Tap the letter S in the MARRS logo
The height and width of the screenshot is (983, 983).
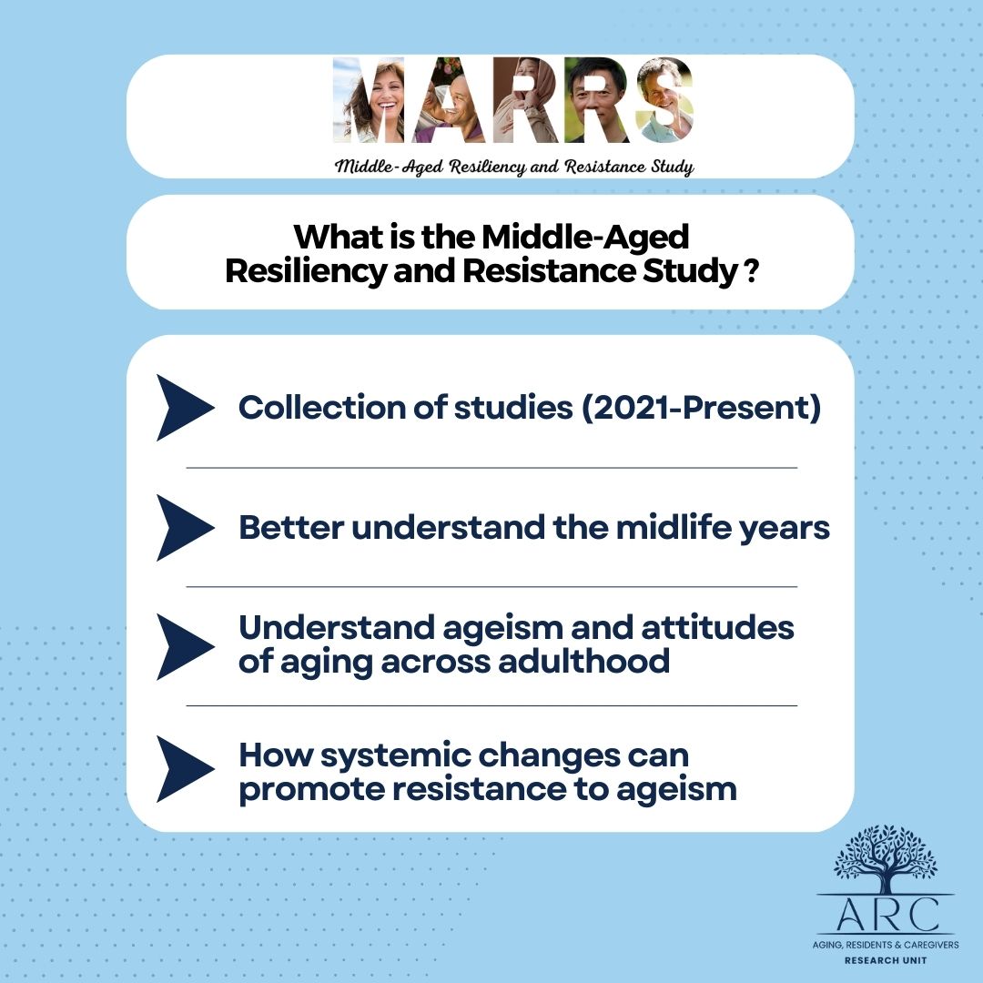[x=664, y=100]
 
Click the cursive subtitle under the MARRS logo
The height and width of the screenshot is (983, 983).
[x=514, y=167]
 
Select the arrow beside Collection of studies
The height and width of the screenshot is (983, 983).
[x=185, y=408]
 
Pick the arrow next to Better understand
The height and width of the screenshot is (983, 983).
[x=185, y=527]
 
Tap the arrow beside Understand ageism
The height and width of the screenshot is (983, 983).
[x=185, y=646]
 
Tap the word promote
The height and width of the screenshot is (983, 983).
[x=309, y=788]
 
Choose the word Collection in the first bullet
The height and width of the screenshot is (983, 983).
[x=320, y=408]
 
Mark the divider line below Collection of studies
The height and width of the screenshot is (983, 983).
[x=491, y=468]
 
